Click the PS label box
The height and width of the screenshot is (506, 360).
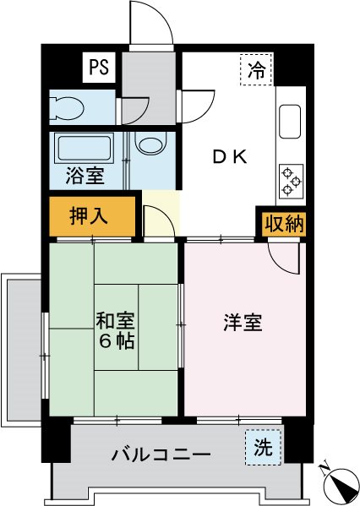(x=98, y=68)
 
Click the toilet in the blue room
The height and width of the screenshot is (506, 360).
(x=67, y=107)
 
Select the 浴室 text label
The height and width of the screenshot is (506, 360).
(x=85, y=177)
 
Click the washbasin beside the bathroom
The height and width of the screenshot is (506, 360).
(x=150, y=144)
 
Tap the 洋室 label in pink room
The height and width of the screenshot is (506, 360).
(x=243, y=323)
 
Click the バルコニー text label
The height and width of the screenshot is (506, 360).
(x=161, y=455)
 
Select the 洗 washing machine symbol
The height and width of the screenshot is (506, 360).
(x=264, y=448)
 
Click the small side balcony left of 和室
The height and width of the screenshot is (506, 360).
(x=20, y=346)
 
